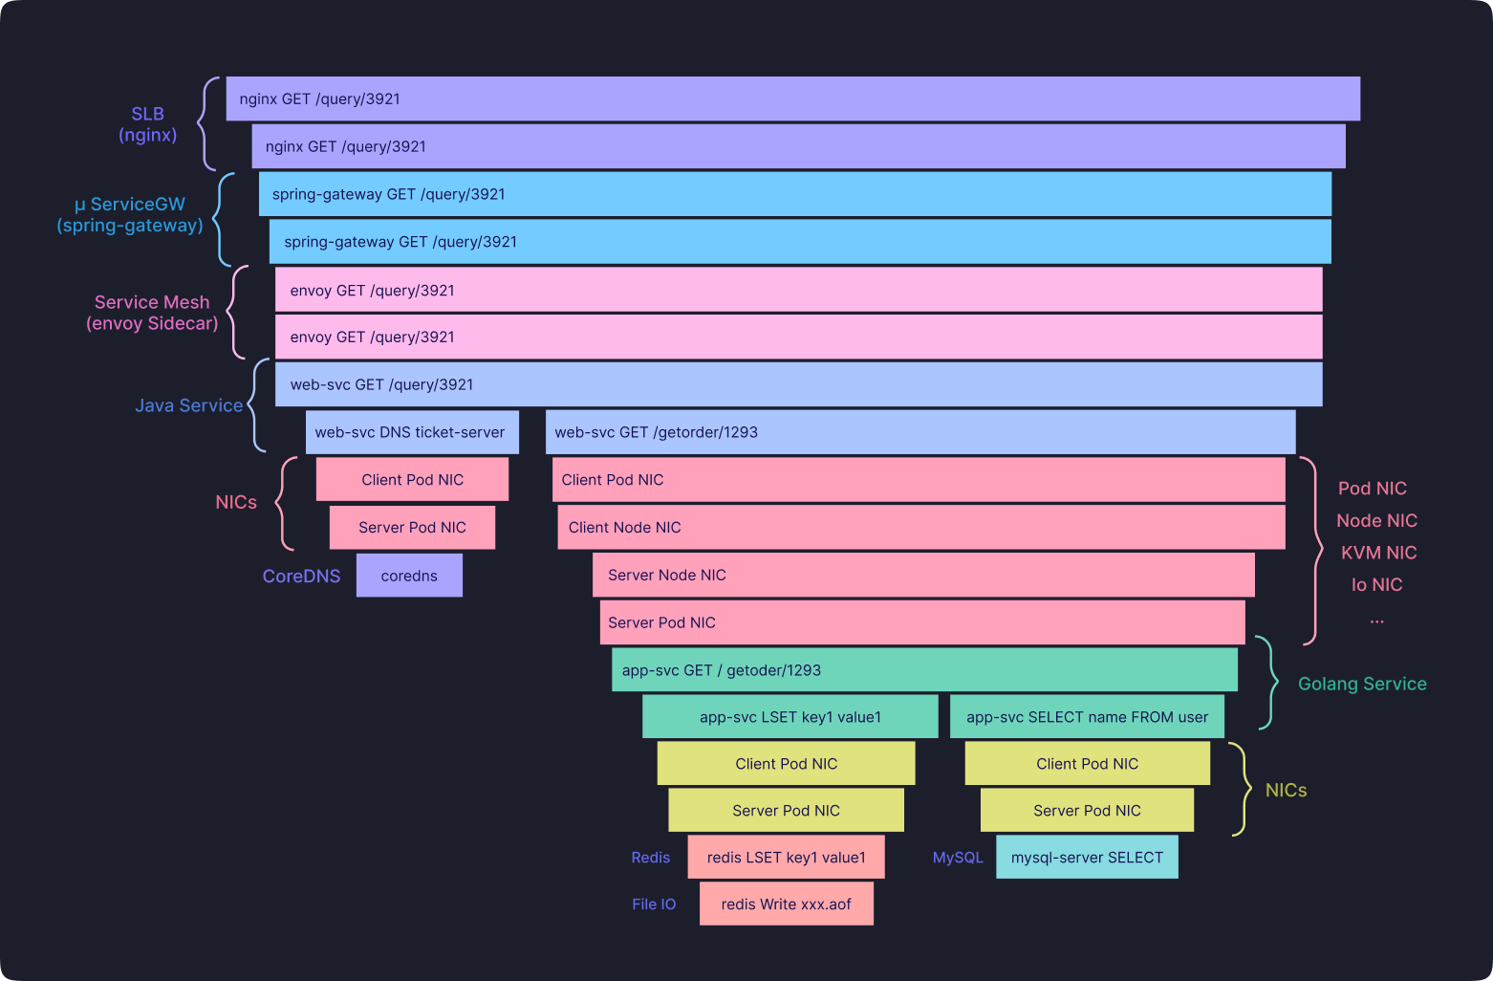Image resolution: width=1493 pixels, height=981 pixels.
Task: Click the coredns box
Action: click(409, 575)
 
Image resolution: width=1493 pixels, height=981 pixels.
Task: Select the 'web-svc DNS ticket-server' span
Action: click(412, 432)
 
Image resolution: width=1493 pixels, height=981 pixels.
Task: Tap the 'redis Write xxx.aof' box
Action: click(787, 904)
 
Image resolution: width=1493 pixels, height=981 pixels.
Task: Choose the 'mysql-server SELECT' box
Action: click(1087, 857)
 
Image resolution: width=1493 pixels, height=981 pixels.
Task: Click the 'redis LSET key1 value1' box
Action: click(787, 857)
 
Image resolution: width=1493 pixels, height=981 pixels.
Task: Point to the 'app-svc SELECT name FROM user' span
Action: click(1087, 717)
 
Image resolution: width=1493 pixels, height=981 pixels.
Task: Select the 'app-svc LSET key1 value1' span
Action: click(790, 717)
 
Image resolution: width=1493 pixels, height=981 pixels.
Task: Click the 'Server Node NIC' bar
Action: click(923, 575)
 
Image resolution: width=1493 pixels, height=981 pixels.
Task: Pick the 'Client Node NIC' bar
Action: click(921, 527)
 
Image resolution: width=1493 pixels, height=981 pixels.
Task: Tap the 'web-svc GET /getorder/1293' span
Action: click(920, 432)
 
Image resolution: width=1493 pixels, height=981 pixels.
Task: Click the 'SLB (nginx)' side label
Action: click(148, 124)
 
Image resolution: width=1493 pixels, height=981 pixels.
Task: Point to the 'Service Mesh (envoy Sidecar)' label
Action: click(152, 313)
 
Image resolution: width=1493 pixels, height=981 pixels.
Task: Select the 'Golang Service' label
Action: click(1362, 684)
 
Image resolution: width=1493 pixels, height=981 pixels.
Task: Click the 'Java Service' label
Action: click(188, 405)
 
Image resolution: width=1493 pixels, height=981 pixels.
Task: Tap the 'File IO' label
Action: click(654, 905)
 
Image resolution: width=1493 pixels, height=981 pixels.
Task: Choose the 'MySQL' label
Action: click(958, 858)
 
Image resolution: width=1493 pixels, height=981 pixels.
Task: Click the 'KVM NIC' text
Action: click(1379, 553)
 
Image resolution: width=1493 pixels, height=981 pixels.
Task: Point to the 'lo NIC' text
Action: click(1377, 585)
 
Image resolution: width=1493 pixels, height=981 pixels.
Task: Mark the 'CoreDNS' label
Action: click(301, 577)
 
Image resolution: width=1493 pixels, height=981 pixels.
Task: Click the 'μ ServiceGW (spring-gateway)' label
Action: click(130, 215)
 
